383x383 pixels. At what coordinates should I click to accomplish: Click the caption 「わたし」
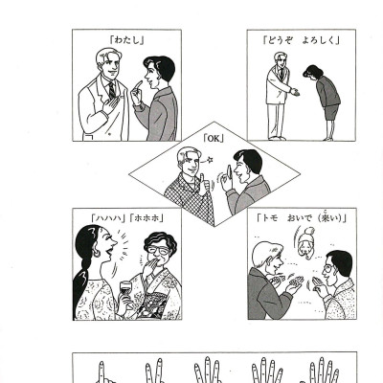[x=126, y=40]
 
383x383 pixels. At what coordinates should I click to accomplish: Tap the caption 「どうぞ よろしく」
[x=302, y=40]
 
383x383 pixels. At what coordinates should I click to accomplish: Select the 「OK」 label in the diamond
[x=214, y=139]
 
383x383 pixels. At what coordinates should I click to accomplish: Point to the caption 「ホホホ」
[x=147, y=218]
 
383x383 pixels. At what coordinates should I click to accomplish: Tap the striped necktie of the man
[x=112, y=90]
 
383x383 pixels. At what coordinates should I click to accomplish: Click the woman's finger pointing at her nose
[x=138, y=85]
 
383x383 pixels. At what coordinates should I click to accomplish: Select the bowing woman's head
[x=311, y=72]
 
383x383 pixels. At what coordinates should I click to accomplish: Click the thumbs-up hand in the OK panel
[x=203, y=186]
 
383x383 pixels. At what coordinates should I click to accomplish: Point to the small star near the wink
[x=210, y=159]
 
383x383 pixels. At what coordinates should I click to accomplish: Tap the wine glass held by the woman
[x=125, y=290]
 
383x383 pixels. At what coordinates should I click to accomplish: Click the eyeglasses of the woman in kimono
[x=159, y=250]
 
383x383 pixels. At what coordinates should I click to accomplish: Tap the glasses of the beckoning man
[x=328, y=268]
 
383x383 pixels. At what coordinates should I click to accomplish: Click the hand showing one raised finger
[x=102, y=373]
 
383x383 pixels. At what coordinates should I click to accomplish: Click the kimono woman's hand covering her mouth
[x=149, y=266]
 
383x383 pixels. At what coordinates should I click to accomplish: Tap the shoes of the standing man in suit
[x=277, y=138]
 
